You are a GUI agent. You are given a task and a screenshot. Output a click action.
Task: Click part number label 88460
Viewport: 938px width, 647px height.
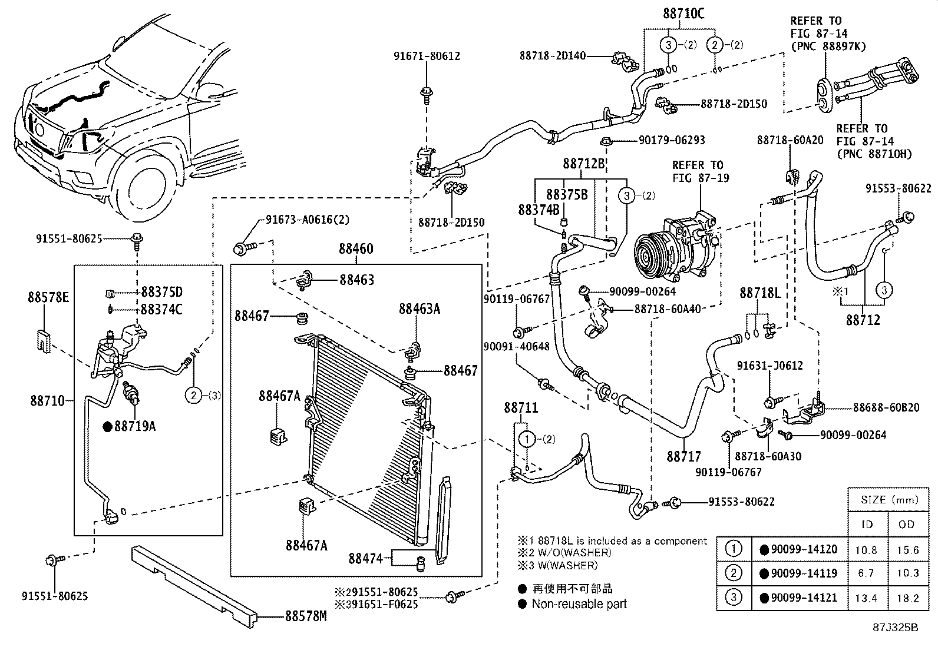tap(356, 249)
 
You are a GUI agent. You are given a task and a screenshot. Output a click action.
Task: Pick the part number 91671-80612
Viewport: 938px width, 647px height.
tap(427, 57)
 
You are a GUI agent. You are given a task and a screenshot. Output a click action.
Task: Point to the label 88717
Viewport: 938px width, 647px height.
tap(684, 456)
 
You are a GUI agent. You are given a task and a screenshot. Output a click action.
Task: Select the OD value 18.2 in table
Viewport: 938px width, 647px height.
tap(907, 598)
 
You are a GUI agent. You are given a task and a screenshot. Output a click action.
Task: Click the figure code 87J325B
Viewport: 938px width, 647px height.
tap(895, 627)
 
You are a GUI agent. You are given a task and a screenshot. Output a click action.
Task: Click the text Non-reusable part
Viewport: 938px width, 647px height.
tap(579, 604)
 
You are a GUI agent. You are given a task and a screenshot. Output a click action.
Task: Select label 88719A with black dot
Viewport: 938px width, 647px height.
tap(134, 426)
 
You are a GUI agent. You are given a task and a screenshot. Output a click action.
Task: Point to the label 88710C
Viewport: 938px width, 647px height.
tap(683, 14)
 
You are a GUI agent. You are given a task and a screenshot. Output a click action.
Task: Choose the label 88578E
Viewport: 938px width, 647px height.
tap(48, 297)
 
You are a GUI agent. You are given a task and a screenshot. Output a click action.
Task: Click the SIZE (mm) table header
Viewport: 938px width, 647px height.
tap(889, 500)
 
